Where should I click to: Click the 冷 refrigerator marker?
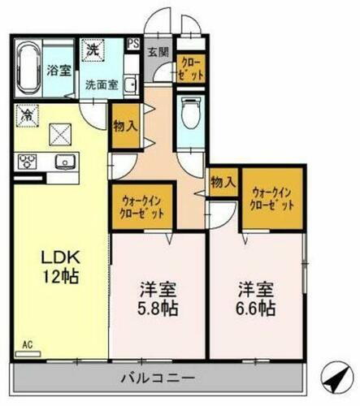click(x=27, y=115)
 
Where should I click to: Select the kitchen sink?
click(x=63, y=161)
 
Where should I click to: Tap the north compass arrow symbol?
click(x=333, y=375)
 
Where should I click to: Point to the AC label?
click(x=27, y=344)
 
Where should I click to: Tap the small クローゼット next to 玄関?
click(x=192, y=65)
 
